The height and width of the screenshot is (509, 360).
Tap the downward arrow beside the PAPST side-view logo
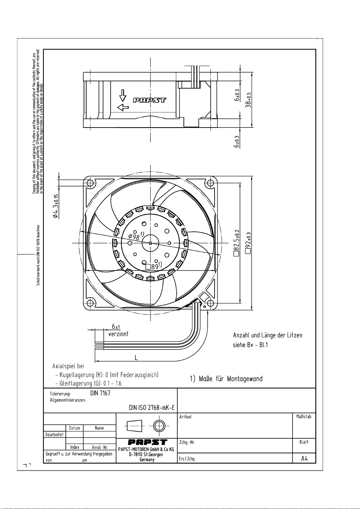(x=123, y=95)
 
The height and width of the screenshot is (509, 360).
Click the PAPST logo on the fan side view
(x=149, y=100)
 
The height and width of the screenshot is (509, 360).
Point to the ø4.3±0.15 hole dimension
(x=56, y=206)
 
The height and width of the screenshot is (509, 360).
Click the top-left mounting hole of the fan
(x=90, y=183)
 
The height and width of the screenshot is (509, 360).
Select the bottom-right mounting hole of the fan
(x=211, y=303)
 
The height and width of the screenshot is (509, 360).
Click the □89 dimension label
(x=154, y=266)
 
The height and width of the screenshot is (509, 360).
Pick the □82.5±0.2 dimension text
(x=236, y=243)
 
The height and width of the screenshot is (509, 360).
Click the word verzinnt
(x=118, y=334)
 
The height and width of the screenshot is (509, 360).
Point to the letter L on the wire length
(x=136, y=358)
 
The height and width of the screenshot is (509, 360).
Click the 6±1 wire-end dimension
(x=116, y=327)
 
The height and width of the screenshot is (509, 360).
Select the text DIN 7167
(x=100, y=393)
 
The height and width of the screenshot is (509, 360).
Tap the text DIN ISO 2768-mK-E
(x=152, y=408)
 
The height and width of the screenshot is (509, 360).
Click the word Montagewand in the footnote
(x=245, y=379)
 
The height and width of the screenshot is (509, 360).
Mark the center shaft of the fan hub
(x=150, y=243)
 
